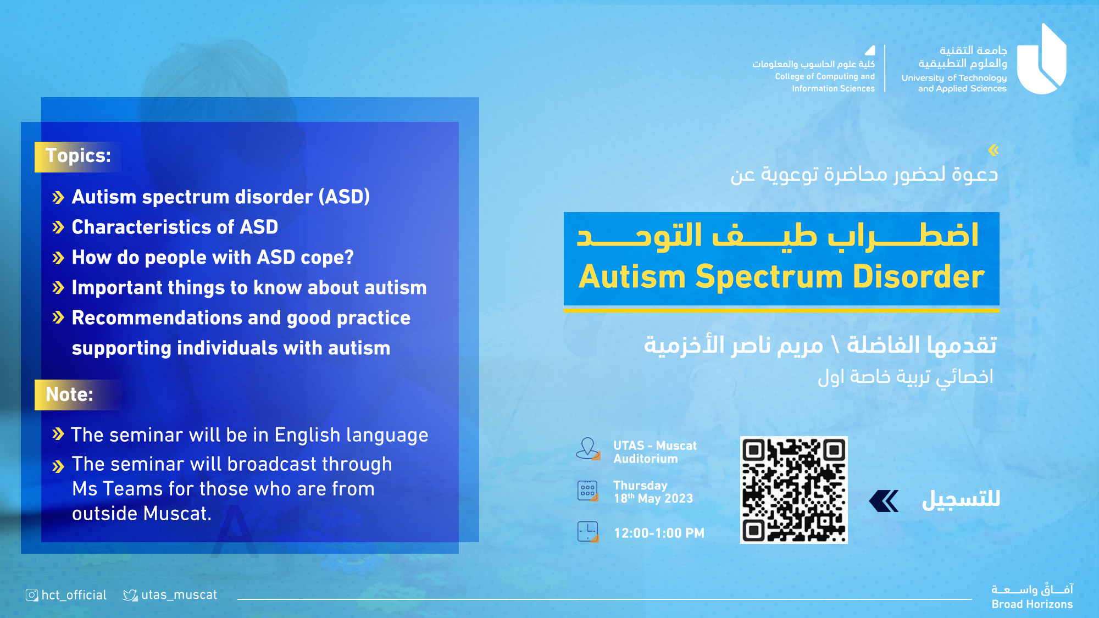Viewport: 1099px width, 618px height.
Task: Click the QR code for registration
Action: (793, 490)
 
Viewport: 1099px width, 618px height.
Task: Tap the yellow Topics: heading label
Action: (78, 157)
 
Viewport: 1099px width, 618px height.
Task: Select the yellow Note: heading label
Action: (77, 394)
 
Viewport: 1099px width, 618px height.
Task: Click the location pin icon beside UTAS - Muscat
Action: (588, 448)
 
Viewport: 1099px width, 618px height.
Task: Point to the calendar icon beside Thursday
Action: (588, 491)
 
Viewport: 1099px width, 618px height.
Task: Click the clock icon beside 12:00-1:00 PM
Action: (588, 532)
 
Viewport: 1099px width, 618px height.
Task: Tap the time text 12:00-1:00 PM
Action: (659, 533)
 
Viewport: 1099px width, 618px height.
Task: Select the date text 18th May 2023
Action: (653, 498)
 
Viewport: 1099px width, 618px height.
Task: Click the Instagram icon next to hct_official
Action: (32, 595)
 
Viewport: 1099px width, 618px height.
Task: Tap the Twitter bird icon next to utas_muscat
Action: (130, 595)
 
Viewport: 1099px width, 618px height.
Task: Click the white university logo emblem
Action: (1041, 59)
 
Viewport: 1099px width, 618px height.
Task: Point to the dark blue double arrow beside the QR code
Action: (884, 501)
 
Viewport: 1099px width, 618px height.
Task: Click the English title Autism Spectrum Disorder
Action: (781, 276)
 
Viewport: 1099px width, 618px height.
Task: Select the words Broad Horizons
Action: (1032, 604)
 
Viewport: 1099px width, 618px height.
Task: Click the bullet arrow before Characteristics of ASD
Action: (58, 227)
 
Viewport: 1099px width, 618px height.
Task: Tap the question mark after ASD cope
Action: (348, 257)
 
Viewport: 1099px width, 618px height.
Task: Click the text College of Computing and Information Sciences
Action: (825, 82)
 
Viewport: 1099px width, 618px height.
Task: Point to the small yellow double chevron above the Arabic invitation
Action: (993, 150)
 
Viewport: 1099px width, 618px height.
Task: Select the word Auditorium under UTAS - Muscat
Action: (646, 459)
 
